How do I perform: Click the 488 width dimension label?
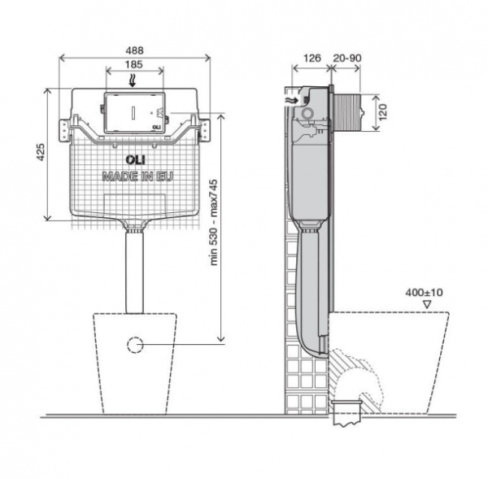coord(134,50)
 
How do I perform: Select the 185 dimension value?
coord(134,64)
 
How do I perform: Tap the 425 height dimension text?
coord(41,152)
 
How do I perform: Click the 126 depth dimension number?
coord(312,58)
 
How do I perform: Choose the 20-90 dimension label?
coord(347,58)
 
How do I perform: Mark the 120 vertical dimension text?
coord(383,112)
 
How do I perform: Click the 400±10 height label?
coord(424,293)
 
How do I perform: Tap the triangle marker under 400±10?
coord(428,304)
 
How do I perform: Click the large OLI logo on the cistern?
coord(135,159)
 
